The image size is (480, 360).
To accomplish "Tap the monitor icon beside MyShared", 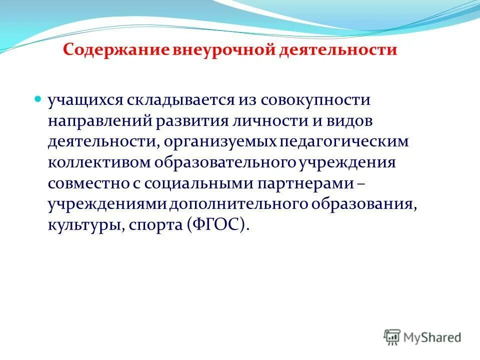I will (x=392, y=337).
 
